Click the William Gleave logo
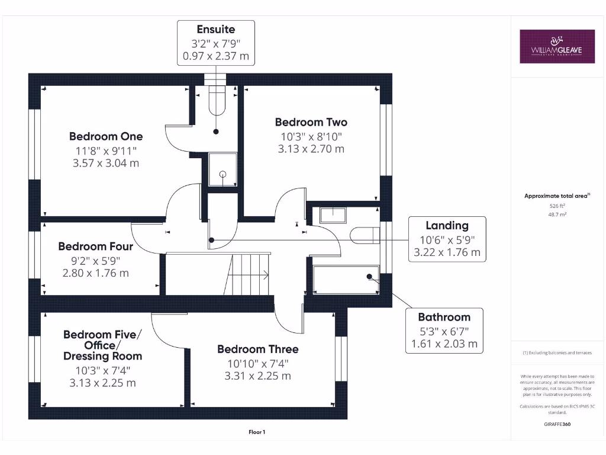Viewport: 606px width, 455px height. click(x=557, y=46)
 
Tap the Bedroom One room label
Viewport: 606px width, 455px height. click(x=106, y=136)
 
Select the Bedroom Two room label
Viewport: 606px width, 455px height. click(x=311, y=122)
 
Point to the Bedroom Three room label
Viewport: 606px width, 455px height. click(x=257, y=349)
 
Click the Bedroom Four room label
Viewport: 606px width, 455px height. click(x=95, y=246)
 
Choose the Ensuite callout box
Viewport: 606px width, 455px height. click(x=216, y=43)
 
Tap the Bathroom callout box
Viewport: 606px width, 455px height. click(x=444, y=331)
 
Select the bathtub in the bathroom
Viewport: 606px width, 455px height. click(x=346, y=279)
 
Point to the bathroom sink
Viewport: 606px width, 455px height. click(x=333, y=214)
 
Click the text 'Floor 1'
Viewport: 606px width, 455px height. click(x=257, y=432)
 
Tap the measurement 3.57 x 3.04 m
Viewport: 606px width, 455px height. click(x=106, y=163)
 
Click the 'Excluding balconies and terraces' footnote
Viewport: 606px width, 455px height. click(x=557, y=353)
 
